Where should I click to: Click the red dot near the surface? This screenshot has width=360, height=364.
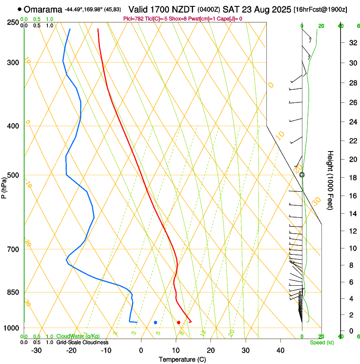coord(179,323)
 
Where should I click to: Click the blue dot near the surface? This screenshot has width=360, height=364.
coord(155,323)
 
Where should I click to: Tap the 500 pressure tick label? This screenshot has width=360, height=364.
coord(13,175)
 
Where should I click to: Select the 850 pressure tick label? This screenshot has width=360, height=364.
coord(13,292)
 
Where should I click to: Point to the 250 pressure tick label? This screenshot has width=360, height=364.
coord(13,22)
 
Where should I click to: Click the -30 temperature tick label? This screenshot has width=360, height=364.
coord(36,350)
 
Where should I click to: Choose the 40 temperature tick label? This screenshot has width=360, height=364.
coord(280,350)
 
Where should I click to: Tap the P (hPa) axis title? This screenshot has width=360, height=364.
coord(4,187)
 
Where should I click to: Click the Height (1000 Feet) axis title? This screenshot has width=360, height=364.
coord(331,180)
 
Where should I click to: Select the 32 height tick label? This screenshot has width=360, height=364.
coord(352,43)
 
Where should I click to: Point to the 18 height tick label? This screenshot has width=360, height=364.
coord(352,178)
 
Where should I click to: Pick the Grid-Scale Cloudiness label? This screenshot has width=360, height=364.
coord(82,342)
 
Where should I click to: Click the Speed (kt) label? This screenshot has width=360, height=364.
coord(321,342)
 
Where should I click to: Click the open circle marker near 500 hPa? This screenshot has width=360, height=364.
coord(302,174)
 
